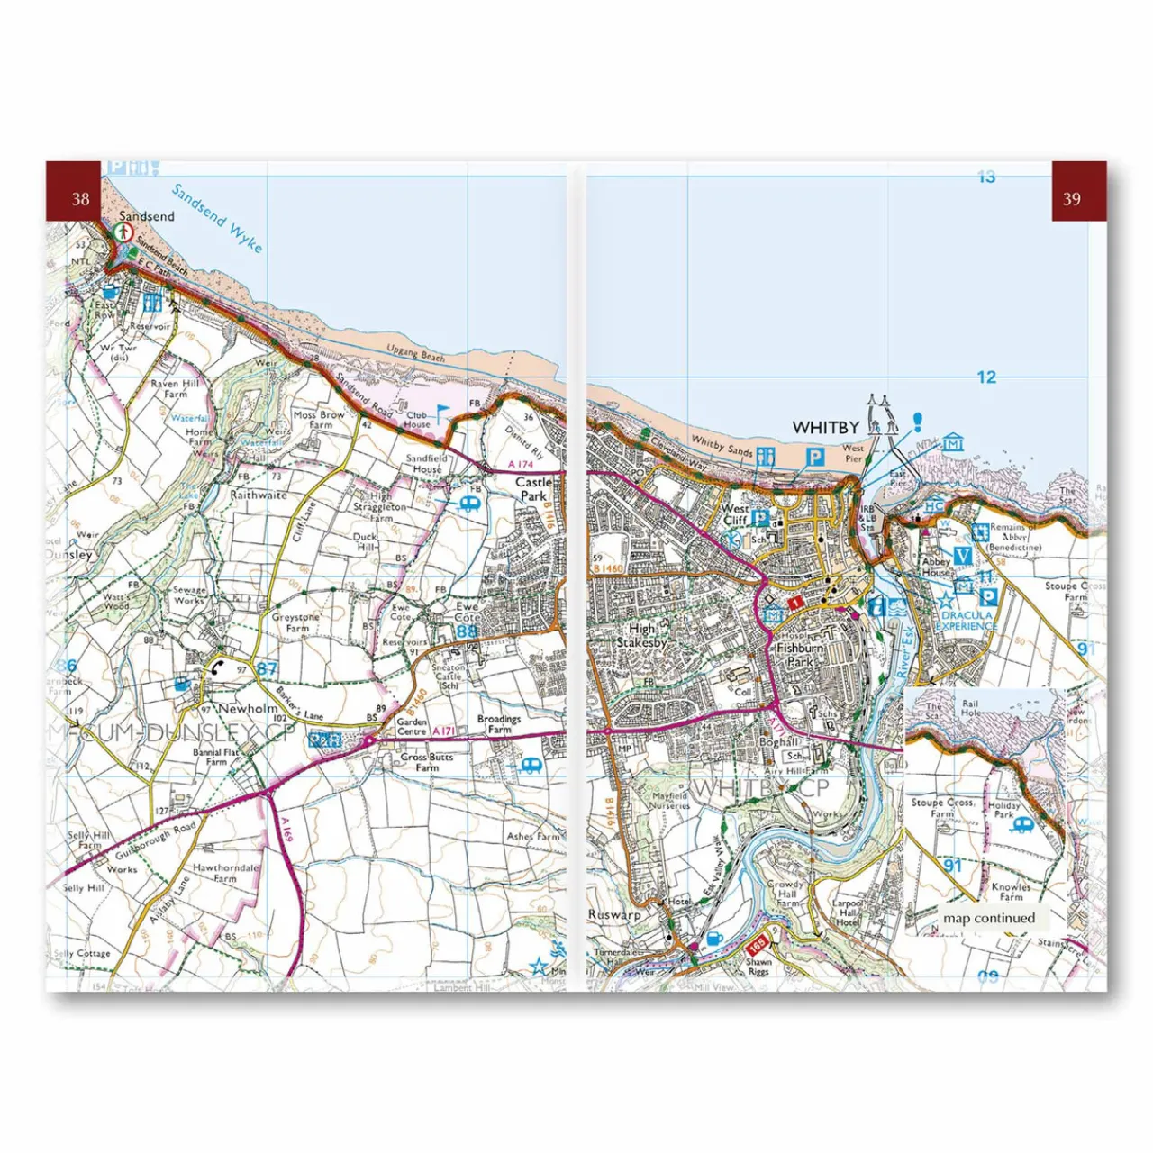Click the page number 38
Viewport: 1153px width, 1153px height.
point(80,199)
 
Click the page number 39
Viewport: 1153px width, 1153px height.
point(1071,199)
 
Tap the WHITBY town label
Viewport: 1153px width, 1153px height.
point(825,427)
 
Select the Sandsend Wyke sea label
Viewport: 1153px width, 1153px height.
point(217,219)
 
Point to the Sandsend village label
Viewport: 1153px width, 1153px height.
point(147,216)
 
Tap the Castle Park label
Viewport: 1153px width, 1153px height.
point(532,488)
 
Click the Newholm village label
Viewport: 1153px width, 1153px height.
point(248,708)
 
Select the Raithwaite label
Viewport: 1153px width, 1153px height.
point(259,495)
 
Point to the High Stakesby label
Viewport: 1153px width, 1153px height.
point(641,636)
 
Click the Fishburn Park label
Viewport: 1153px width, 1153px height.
point(800,654)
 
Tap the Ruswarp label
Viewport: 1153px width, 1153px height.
point(614,914)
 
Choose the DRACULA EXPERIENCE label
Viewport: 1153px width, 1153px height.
point(967,621)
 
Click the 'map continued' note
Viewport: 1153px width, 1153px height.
point(989,918)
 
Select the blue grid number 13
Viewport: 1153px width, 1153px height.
point(986,177)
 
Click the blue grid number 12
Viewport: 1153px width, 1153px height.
point(986,377)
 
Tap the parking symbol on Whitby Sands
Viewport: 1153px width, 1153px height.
point(814,458)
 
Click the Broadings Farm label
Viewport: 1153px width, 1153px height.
point(499,724)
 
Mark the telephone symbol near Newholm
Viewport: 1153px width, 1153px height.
point(218,667)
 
